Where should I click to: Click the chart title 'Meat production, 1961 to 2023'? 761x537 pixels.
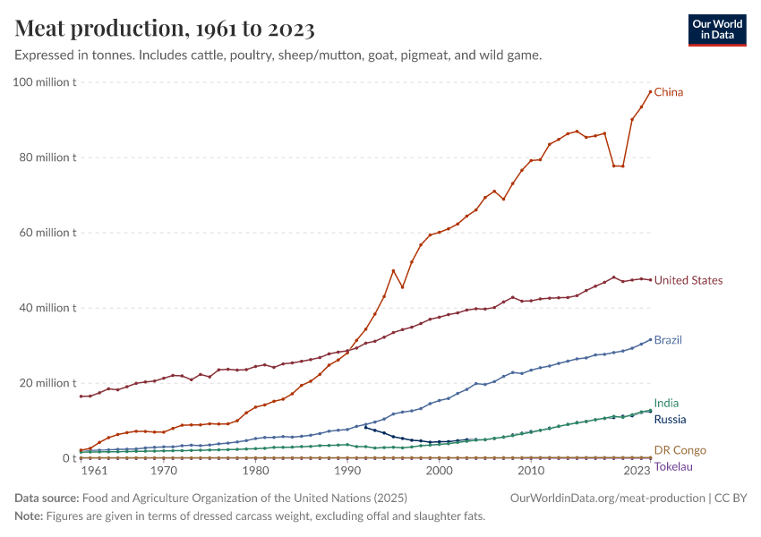[x=165, y=30]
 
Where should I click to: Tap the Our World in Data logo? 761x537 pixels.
[x=717, y=30]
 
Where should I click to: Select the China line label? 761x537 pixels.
[x=669, y=92]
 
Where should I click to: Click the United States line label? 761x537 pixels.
[x=688, y=280]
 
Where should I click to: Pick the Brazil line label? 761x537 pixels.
[x=668, y=340]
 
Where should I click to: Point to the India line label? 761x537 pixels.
[x=666, y=404]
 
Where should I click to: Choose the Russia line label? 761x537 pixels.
[x=671, y=419]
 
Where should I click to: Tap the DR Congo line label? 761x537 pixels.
[x=680, y=450]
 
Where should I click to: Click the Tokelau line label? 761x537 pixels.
[x=673, y=466]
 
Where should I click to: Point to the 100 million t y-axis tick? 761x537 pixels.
[x=45, y=82]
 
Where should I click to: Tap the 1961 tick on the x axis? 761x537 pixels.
[x=95, y=471]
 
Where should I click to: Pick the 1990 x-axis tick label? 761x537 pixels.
[x=347, y=471]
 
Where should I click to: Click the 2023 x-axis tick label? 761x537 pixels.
[x=637, y=471]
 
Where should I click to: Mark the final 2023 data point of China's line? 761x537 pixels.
[x=650, y=92]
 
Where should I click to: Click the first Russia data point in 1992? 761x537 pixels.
[x=365, y=427]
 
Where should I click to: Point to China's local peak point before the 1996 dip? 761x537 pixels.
[x=393, y=270]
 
